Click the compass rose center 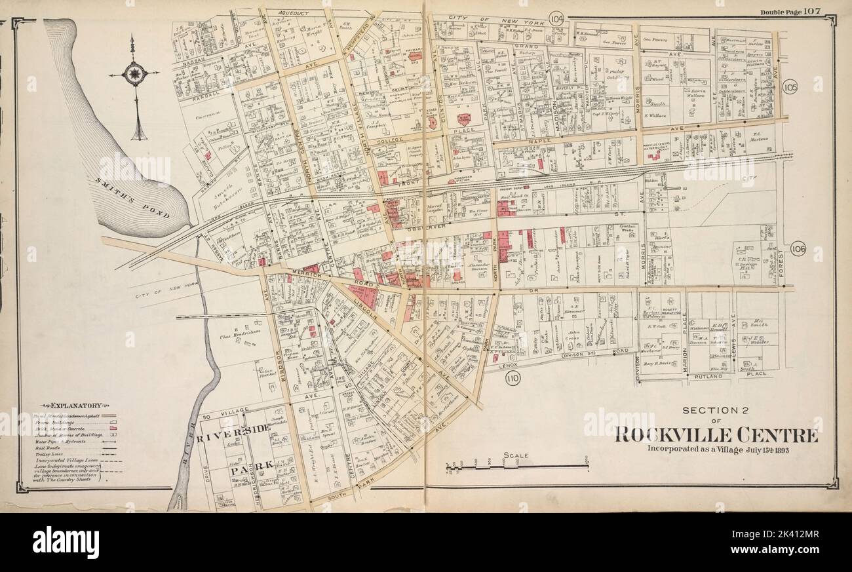(134, 73)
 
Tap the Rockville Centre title (715, 435)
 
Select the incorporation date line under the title (715, 449)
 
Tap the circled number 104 (557, 18)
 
